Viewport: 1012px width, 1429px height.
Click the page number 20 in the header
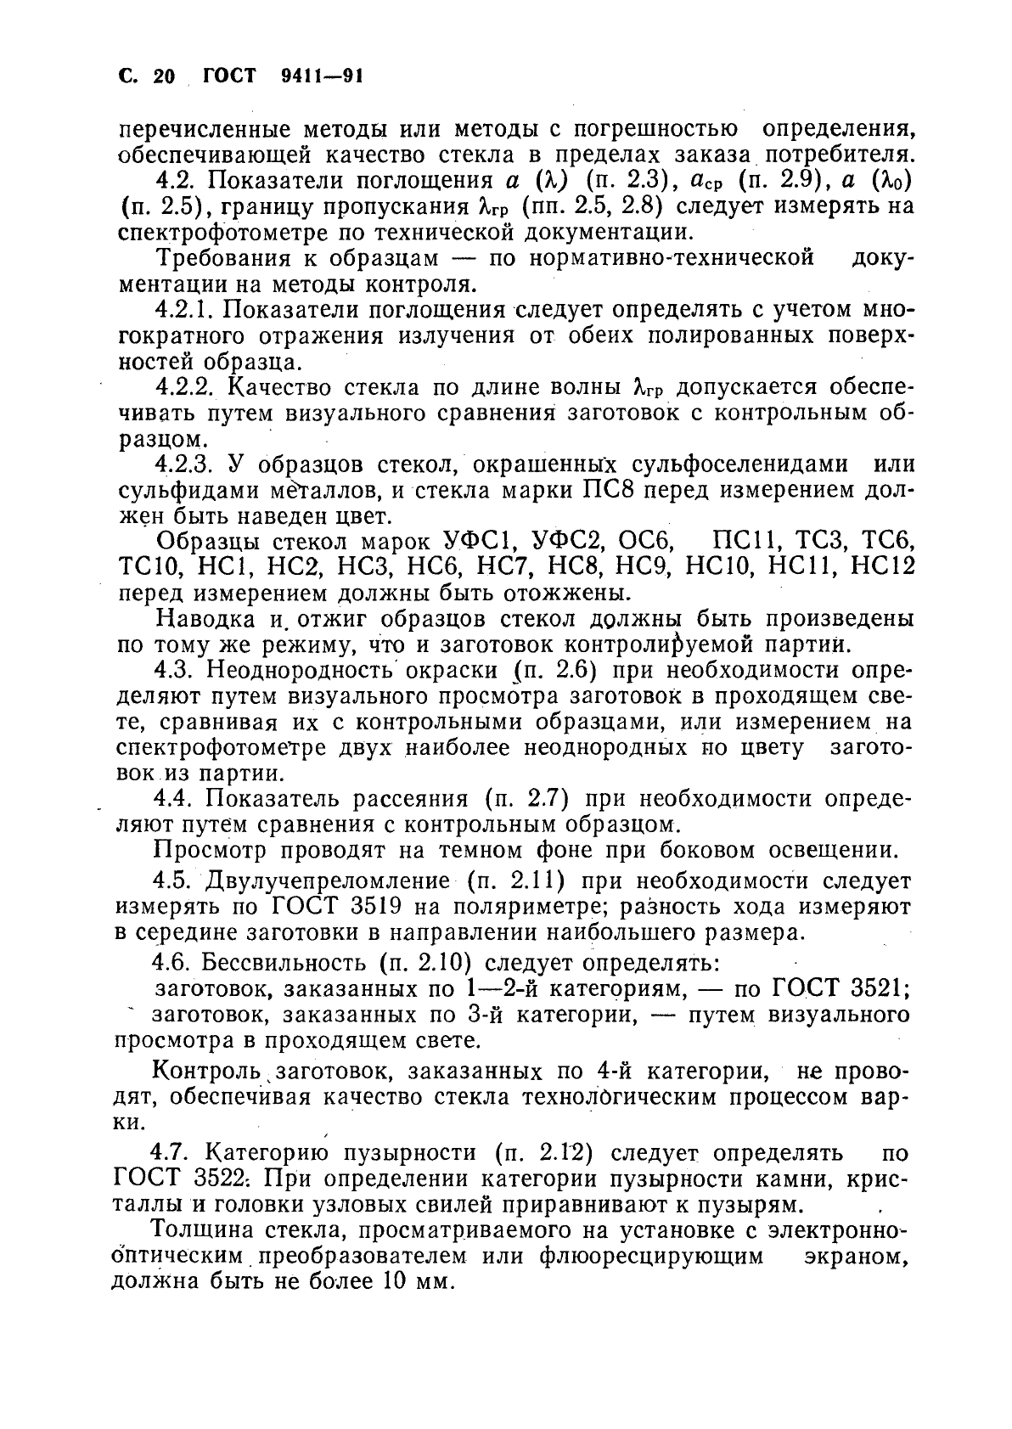click(164, 76)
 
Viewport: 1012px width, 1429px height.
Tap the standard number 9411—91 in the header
click(321, 76)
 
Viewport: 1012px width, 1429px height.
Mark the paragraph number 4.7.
click(172, 1153)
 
